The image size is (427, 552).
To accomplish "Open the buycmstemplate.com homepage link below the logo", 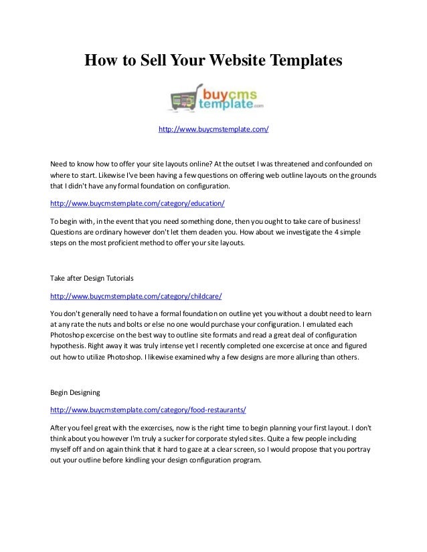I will click(213, 128).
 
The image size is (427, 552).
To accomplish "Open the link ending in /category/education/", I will click(139, 203).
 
